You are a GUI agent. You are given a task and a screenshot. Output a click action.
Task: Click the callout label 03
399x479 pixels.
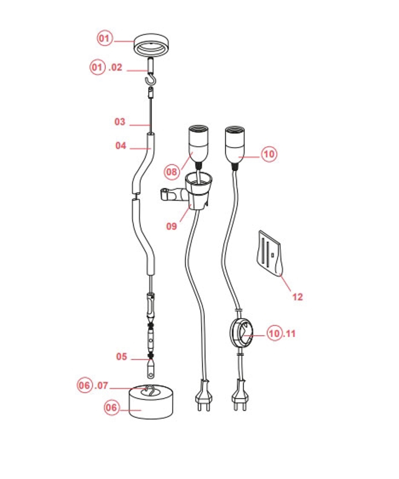click(120, 122)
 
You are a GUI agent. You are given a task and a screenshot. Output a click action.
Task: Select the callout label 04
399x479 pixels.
click(120, 146)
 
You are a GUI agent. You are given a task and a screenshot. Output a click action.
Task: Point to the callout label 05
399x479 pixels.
click(122, 357)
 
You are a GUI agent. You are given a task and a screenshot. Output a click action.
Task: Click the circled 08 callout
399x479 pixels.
click(172, 172)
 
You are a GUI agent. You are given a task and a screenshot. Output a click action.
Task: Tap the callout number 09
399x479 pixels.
click(172, 226)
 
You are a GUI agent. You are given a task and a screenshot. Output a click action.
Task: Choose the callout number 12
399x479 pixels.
click(298, 297)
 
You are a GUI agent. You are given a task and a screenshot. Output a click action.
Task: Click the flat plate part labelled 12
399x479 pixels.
click(270, 253)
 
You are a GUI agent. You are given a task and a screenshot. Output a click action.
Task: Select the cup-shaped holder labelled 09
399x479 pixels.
click(197, 191)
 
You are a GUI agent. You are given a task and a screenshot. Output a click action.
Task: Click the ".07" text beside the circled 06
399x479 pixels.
click(101, 385)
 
